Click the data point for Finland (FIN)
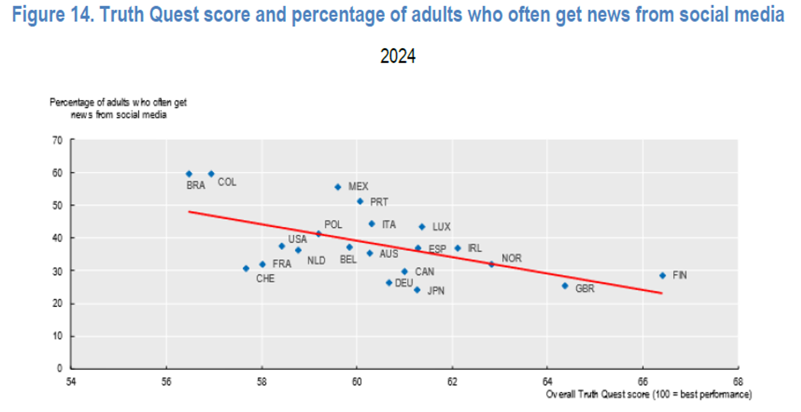point(662,276)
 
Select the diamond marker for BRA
point(189,174)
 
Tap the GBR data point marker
point(565,286)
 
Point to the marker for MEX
point(337,187)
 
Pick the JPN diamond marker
point(417,290)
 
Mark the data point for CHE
point(246,268)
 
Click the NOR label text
point(512,258)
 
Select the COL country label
point(226,181)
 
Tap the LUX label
point(441,227)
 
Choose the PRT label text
point(379,202)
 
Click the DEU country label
point(404,282)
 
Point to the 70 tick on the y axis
point(58,141)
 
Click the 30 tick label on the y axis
point(58,271)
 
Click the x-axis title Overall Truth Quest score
point(648,395)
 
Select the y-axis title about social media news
point(118,109)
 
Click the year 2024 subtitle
point(398,56)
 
